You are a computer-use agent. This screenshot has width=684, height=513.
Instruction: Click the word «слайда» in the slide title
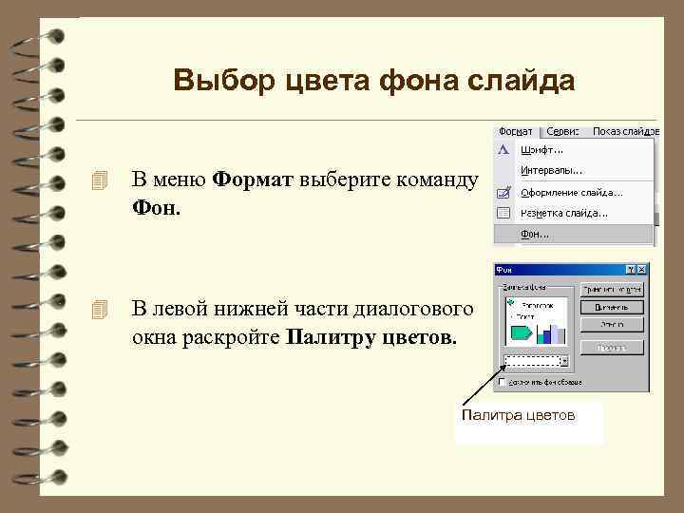coord(525,82)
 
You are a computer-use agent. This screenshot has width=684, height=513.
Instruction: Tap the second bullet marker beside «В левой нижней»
coord(104,310)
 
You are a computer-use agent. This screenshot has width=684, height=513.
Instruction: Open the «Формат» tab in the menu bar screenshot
coord(516,131)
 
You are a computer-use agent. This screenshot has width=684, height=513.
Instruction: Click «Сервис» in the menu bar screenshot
coord(564,131)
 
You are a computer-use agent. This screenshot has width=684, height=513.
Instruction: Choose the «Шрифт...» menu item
coord(541,149)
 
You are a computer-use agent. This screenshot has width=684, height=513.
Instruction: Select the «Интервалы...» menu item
coord(552,170)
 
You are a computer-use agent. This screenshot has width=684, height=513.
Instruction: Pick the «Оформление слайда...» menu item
coord(571,191)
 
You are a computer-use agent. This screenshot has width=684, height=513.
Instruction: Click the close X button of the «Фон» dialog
coord(643,270)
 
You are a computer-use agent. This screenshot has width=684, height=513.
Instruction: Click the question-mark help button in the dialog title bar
coord(632,270)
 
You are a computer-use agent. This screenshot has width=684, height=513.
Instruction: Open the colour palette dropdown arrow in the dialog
coord(565,361)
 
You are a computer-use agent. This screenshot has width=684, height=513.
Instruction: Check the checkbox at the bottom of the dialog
coord(502,382)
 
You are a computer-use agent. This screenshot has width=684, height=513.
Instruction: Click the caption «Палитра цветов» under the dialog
coord(518,415)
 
